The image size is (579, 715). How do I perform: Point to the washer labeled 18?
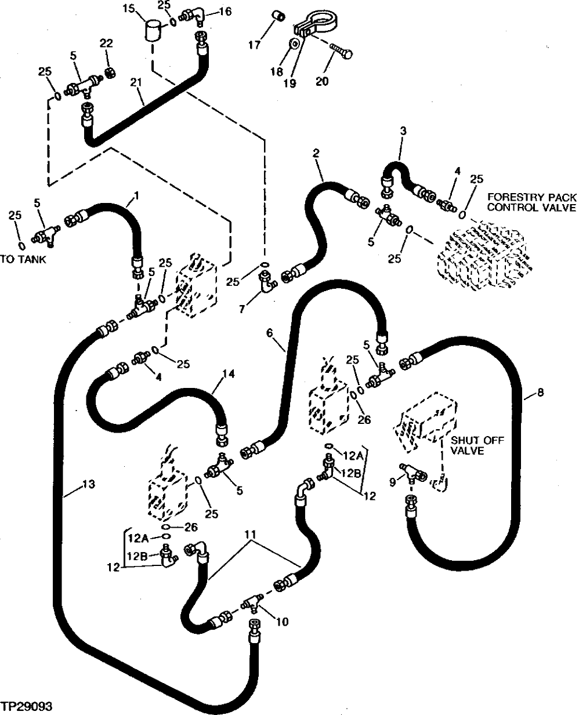295,43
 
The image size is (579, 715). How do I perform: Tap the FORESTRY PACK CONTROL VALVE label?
531,202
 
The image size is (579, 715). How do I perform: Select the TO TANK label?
23,259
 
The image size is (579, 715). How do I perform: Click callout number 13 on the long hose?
88,483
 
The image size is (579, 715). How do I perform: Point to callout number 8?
541,393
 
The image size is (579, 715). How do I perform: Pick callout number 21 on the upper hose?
136,84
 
